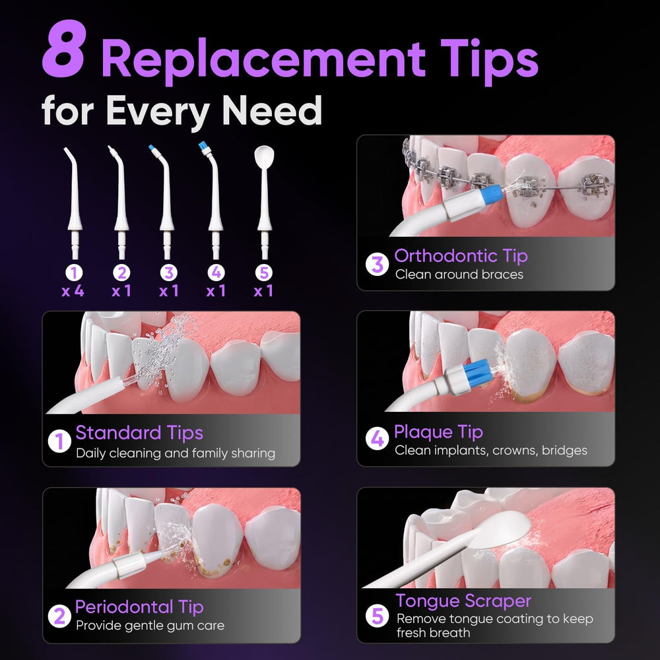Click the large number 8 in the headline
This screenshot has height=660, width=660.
[x=65, y=49]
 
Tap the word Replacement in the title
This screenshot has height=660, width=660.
[x=264, y=58]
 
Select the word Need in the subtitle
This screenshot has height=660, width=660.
[x=271, y=110]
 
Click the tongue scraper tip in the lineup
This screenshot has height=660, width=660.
[x=265, y=202]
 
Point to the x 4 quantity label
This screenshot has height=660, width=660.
[x=73, y=291]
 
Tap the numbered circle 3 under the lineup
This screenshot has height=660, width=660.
[x=169, y=273]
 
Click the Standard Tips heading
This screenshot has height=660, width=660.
[x=139, y=433]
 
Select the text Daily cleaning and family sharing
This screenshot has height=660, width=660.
[x=176, y=453]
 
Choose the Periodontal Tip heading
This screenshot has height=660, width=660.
[x=139, y=607]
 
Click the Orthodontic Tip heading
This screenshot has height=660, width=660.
[x=461, y=256]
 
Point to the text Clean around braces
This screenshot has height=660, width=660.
[x=459, y=275]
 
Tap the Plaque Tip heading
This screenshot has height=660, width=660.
[x=439, y=432]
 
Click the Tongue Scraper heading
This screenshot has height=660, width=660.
[x=463, y=601]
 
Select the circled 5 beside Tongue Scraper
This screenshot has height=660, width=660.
[x=377, y=616]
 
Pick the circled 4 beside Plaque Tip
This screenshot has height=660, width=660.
[x=377, y=439]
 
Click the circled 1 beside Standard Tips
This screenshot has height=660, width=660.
[x=59, y=442]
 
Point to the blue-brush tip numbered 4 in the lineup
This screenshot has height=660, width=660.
[x=214, y=201]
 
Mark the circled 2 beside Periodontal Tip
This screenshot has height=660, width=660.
[x=59, y=616]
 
